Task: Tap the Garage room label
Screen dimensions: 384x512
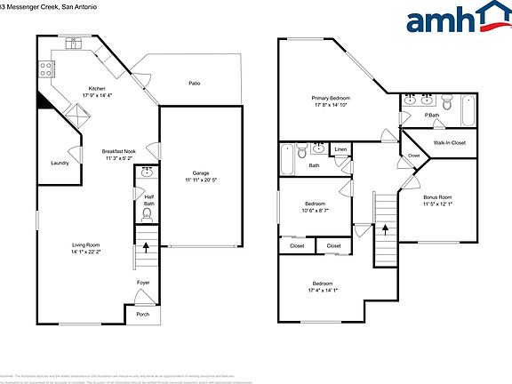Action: pyautogui.click(x=201, y=172)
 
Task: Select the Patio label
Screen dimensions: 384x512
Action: pyautogui.click(x=194, y=84)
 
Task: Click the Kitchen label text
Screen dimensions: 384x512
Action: pyautogui.click(x=97, y=88)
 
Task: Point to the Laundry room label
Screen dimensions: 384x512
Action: pyautogui.click(x=60, y=163)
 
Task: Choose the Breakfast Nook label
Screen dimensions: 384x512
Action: pyautogui.click(x=118, y=152)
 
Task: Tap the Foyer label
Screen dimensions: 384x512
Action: pyautogui.click(x=142, y=283)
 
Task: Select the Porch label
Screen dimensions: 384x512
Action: pyautogui.click(x=142, y=314)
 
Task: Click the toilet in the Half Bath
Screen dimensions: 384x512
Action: pyautogui.click(x=148, y=213)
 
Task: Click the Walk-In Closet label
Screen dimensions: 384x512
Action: pyautogui.click(x=450, y=142)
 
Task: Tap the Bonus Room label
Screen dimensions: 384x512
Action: pyautogui.click(x=437, y=197)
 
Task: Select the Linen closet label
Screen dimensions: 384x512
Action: pyautogui.click(x=340, y=148)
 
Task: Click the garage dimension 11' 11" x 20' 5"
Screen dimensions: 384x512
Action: pyautogui.click(x=201, y=180)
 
